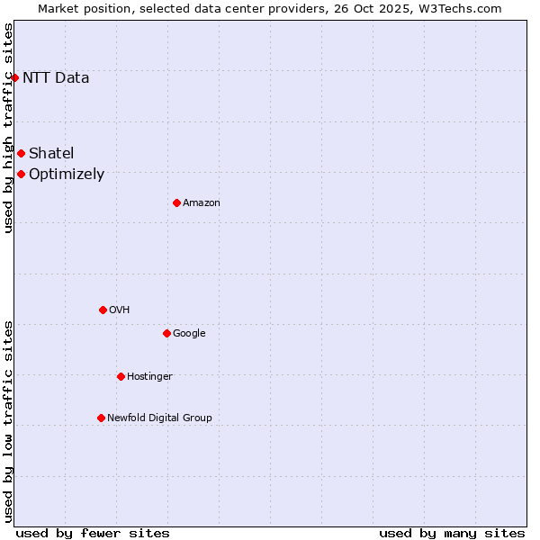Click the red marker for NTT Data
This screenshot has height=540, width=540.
(14, 77)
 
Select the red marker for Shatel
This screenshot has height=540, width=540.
(21, 153)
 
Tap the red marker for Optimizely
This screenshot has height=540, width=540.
(21, 174)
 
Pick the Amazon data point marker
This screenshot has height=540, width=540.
(176, 202)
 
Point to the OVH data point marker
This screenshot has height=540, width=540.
(103, 310)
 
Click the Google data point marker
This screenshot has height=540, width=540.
(166, 333)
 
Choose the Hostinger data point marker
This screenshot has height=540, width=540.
(121, 376)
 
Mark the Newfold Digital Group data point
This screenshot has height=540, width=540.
(101, 418)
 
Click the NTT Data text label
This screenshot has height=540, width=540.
(56, 77)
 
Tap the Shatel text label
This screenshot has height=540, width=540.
(51, 153)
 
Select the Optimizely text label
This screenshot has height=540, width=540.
(67, 175)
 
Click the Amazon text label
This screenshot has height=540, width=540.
(202, 203)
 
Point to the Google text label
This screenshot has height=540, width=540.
(189, 334)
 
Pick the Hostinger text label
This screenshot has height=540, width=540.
(149, 376)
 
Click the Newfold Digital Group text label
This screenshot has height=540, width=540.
(159, 418)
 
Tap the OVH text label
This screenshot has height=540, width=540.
(120, 310)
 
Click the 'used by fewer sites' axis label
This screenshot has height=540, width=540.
(93, 533)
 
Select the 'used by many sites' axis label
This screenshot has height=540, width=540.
(452, 533)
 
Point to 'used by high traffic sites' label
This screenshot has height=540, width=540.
(8, 128)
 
